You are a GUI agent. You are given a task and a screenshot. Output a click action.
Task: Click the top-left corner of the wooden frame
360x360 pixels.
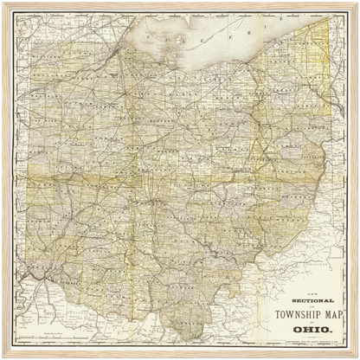click(x=3, y=3)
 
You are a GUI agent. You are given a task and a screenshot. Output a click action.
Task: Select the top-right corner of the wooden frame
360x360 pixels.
click(x=357, y=3)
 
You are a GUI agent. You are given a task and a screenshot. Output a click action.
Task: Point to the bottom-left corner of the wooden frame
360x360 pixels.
click(x=3, y=357)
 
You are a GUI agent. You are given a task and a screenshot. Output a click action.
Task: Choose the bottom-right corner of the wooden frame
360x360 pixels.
click(x=357, y=357)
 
